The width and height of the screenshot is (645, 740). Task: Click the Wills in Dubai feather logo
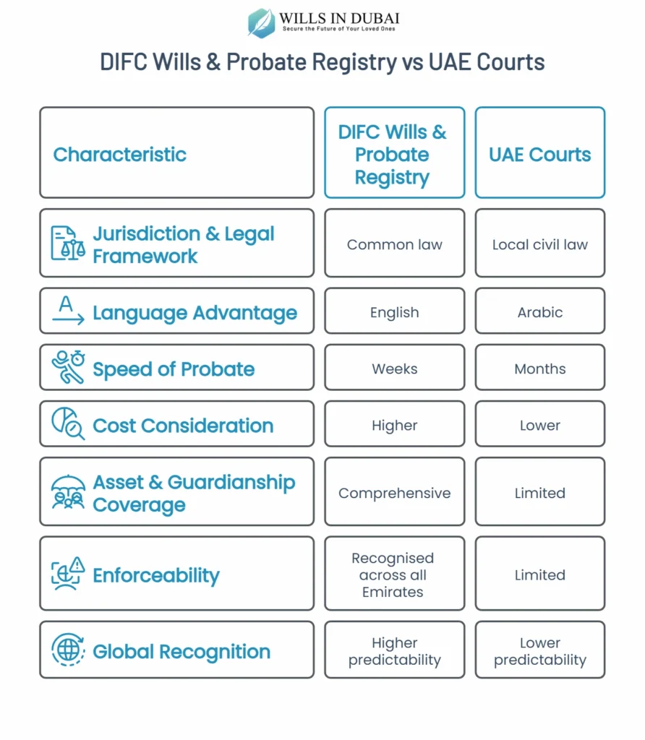[x=261, y=22]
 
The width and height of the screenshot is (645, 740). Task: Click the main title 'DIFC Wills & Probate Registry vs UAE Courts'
[x=322, y=62]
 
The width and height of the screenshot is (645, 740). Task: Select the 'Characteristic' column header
[x=120, y=154]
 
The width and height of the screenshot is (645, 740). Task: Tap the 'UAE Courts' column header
[x=539, y=154]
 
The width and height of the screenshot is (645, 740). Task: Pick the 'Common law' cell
[x=394, y=244]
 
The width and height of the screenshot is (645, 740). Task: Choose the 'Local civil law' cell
[x=539, y=244]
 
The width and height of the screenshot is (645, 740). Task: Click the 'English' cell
[x=394, y=312]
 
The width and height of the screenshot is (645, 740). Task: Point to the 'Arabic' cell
[x=539, y=312]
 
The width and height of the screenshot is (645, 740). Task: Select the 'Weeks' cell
[x=394, y=369]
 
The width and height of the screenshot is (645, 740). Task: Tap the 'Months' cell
[x=539, y=369]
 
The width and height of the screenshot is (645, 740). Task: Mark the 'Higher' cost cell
[x=394, y=425]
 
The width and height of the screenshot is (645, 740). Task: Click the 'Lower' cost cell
[x=539, y=425]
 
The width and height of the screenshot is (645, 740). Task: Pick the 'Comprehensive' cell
[x=394, y=493]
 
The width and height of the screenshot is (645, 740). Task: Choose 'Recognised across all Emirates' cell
[x=394, y=575]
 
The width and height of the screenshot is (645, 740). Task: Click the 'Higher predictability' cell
[x=394, y=651]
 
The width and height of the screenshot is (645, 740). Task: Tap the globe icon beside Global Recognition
[x=68, y=650]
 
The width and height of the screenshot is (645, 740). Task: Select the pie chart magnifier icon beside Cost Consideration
[x=68, y=424]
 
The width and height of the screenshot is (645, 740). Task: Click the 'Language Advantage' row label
[x=195, y=313]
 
